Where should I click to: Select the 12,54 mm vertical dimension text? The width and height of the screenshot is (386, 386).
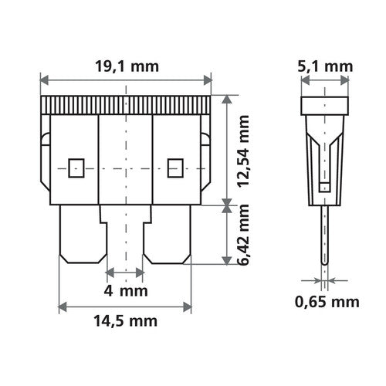point(245,150)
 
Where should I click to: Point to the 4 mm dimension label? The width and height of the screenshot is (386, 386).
point(124,292)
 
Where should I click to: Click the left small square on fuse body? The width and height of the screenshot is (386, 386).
point(75,166)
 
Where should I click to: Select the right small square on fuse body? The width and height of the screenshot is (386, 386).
point(174,166)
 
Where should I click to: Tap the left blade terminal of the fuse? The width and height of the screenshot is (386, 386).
point(80,235)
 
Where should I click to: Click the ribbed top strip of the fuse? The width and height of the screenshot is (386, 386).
point(124,106)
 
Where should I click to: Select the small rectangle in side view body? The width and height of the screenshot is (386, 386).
point(324,186)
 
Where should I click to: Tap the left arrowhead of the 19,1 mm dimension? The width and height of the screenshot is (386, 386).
point(42,79)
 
